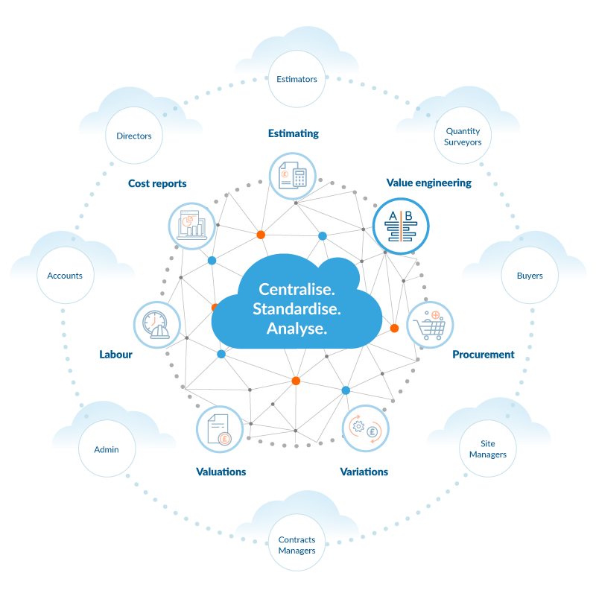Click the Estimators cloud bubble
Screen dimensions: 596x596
pyautogui.click(x=297, y=79)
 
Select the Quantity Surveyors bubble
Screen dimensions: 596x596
pyautogui.click(x=463, y=136)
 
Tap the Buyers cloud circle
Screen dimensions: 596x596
pyautogui.click(x=530, y=276)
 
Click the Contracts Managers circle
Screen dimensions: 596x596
pyautogui.click(x=297, y=545)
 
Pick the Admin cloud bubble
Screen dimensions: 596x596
pyautogui.click(x=106, y=449)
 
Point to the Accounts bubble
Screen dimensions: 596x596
pyautogui.click(x=65, y=276)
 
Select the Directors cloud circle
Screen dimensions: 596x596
pyautogui.click(x=134, y=136)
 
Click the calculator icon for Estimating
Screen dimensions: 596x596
pyautogui.click(x=292, y=176)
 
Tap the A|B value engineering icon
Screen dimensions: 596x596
pyautogui.click(x=401, y=226)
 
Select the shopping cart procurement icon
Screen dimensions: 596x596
pyautogui.click(x=430, y=325)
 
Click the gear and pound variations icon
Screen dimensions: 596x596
pyautogui.click(x=365, y=428)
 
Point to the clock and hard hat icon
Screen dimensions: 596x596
pyautogui.click(x=157, y=325)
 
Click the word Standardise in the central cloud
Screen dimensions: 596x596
pyautogui.click(x=297, y=308)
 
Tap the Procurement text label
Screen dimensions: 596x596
pyautogui.click(x=483, y=355)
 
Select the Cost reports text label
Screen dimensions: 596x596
pyautogui.click(x=157, y=183)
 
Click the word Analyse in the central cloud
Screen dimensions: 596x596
pyautogui.click(x=297, y=328)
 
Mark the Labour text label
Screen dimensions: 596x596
pyautogui.click(x=115, y=355)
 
